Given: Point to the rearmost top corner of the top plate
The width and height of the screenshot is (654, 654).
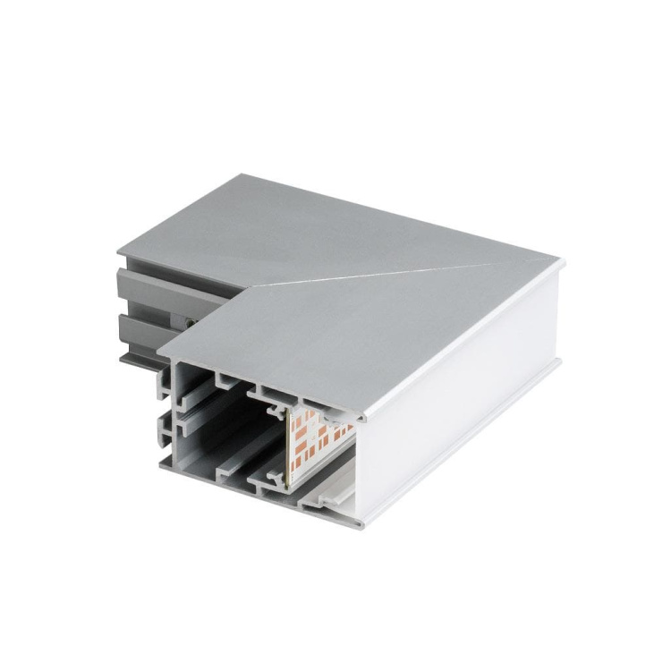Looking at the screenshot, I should [x=234, y=175].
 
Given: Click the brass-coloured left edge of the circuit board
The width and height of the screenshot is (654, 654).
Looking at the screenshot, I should [x=287, y=447].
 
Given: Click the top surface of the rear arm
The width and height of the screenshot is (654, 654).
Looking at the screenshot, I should [x=295, y=228].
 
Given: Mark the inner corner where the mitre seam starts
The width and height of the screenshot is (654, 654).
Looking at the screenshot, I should [x=248, y=288].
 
